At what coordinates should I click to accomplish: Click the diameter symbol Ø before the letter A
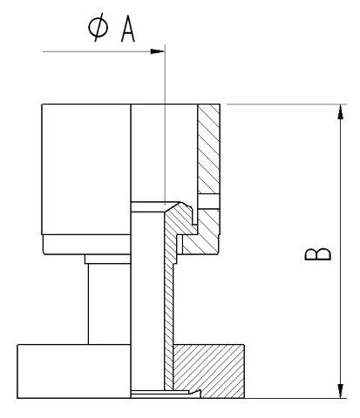click(x=98, y=28)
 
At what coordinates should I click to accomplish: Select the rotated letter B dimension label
click(x=317, y=254)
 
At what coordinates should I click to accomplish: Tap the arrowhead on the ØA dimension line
click(x=157, y=51)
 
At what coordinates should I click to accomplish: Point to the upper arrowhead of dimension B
click(x=341, y=112)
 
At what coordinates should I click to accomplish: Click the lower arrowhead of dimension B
click(x=341, y=391)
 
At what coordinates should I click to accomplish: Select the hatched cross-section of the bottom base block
click(x=208, y=371)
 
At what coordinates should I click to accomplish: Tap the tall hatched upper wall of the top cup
click(x=208, y=149)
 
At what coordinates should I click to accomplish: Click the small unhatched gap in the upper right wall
click(x=208, y=201)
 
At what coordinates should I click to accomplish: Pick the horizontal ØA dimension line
click(x=104, y=51)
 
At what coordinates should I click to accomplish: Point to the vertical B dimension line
click(x=341, y=252)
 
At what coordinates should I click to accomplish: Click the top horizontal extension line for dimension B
click(x=287, y=104)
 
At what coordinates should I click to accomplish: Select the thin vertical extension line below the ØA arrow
click(x=165, y=125)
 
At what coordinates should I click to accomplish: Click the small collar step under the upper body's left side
click(x=108, y=260)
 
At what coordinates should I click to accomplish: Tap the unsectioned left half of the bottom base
click(x=74, y=371)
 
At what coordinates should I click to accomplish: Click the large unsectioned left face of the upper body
click(x=86, y=169)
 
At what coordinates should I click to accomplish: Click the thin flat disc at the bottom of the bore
click(x=160, y=393)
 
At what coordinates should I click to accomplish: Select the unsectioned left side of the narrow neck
click(x=109, y=304)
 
